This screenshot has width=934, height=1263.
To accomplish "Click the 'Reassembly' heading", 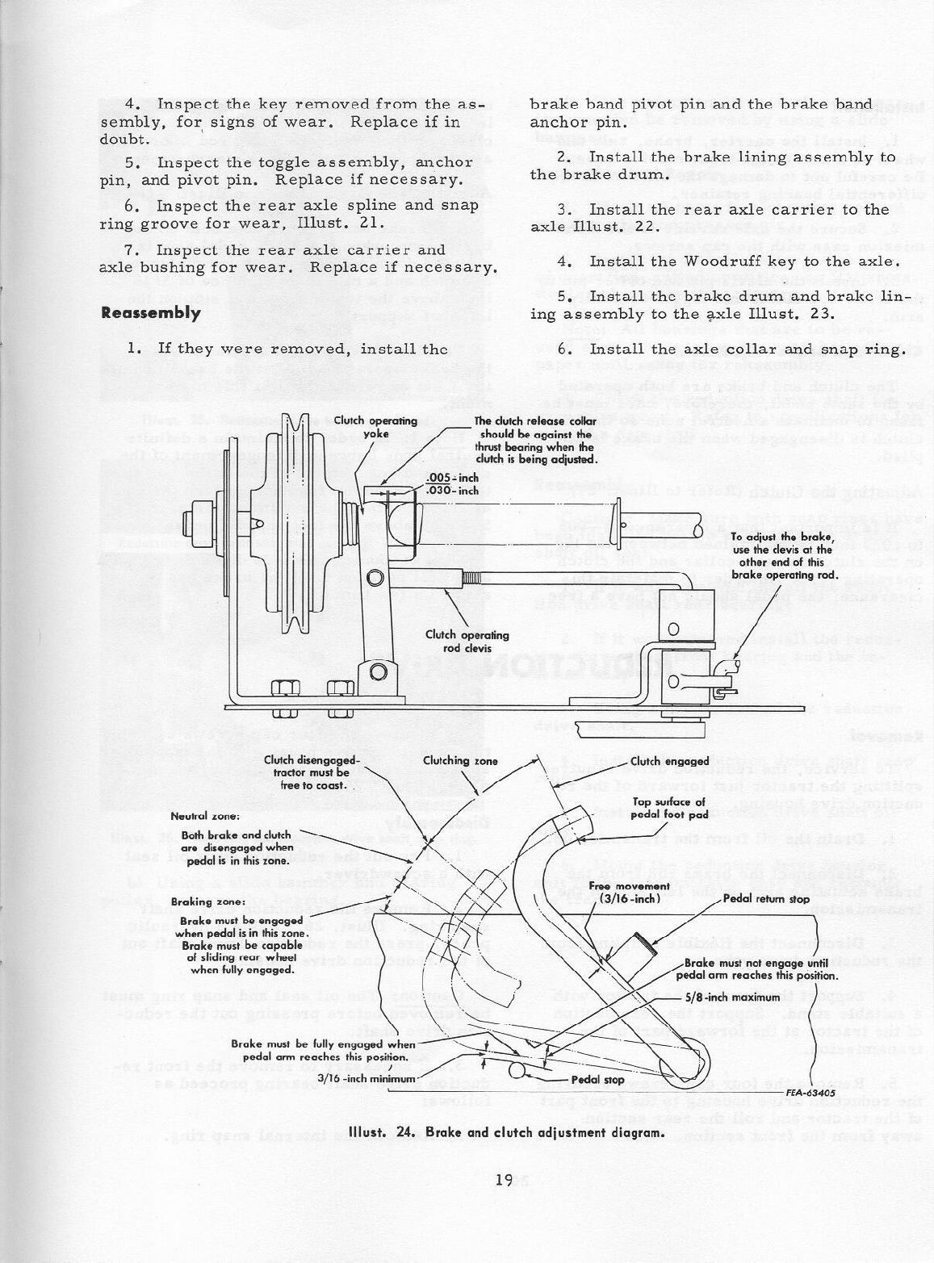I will click(x=151, y=313).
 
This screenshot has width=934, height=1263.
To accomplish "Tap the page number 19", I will click(x=505, y=1181).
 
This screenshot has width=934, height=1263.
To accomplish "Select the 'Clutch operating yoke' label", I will click(x=375, y=427).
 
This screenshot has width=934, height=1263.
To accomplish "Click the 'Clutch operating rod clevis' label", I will click(x=467, y=641).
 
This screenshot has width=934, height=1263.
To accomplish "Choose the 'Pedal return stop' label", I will click(x=766, y=898).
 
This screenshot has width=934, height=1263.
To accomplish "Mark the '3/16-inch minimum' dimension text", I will click(x=367, y=1078).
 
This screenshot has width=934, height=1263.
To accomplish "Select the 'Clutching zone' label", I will click(x=460, y=761).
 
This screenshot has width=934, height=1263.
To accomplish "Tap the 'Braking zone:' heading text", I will click(x=193, y=902).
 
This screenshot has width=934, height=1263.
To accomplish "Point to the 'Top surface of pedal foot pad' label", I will click(x=669, y=808).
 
